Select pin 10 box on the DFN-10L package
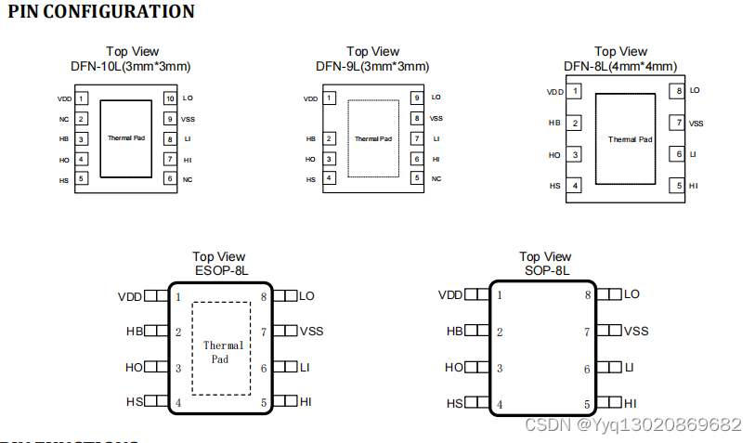tap(170, 98)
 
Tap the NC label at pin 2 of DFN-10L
tap(64, 119)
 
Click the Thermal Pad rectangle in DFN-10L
tap(125, 138)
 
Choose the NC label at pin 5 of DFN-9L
tap(436, 178)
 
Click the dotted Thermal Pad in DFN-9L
tap(372, 138)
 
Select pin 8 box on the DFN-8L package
tap(680, 91)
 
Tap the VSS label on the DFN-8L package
tap(696, 124)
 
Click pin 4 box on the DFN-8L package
tap(576, 186)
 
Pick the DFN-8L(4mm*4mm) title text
tap(620, 66)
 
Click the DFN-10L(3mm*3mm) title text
tap(131, 66)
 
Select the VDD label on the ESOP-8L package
tap(130, 297)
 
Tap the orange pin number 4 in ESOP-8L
tap(178, 404)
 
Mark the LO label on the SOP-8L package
tap(631, 294)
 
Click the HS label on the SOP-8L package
tap(455, 404)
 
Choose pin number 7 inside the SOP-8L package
tap(587, 332)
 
